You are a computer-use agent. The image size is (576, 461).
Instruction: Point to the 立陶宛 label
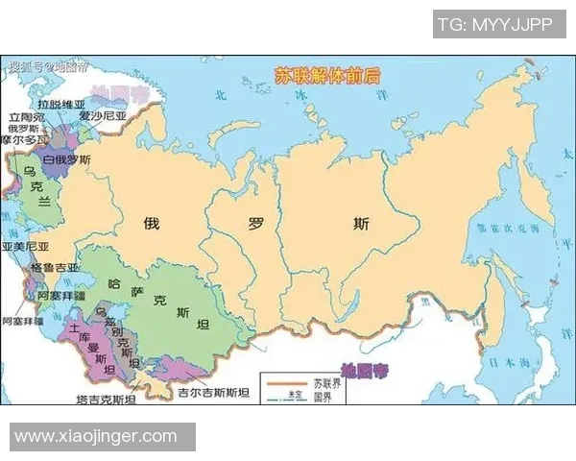click(26, 115)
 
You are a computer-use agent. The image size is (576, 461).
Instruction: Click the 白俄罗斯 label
click(67, 159)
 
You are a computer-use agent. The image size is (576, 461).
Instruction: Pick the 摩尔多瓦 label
click(23, 140)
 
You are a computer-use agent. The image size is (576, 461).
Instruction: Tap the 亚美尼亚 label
click(26, 246)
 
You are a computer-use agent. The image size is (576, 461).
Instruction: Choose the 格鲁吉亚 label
click(56, 266)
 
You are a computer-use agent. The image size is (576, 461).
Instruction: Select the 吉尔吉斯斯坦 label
click(213, 393)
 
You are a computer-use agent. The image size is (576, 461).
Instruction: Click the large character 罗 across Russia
click(256, 225)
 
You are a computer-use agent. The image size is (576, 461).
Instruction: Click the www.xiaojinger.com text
click(96, 436)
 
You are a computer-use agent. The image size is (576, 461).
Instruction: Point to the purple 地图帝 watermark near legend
click(365, 369)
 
